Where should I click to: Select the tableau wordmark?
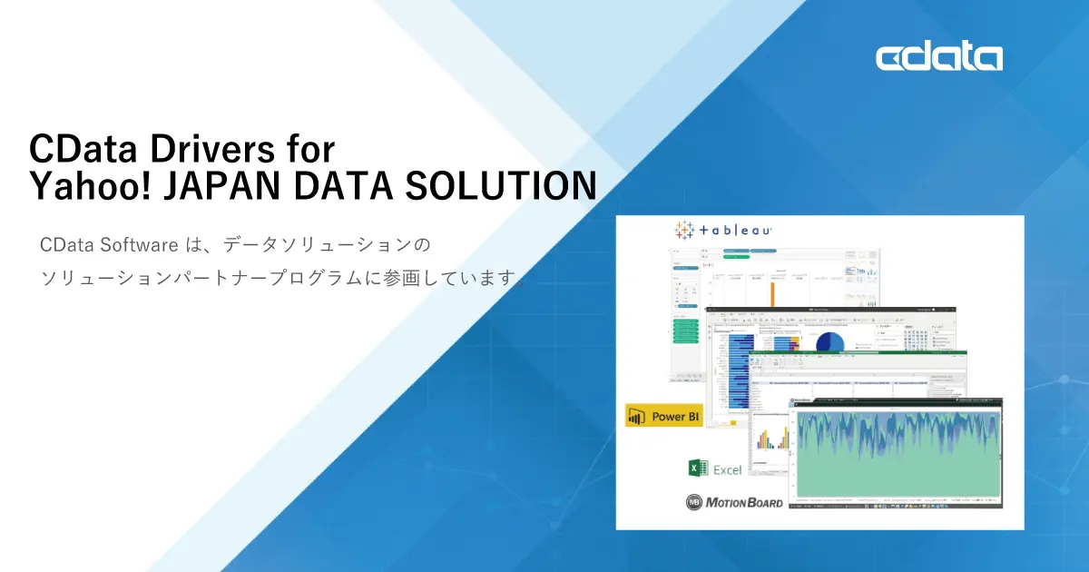[x=736, y=231]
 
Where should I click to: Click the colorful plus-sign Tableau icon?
[x=683, y=230]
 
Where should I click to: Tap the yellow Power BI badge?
[x=663, y=416]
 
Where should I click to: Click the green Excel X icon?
[x=698, y=468]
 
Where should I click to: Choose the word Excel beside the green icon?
[x=727, y=469]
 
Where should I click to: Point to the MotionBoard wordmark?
[x=744, y=501]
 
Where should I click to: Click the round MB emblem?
[x=694, y=501]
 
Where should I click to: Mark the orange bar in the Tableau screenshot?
[x=773, y=294]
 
